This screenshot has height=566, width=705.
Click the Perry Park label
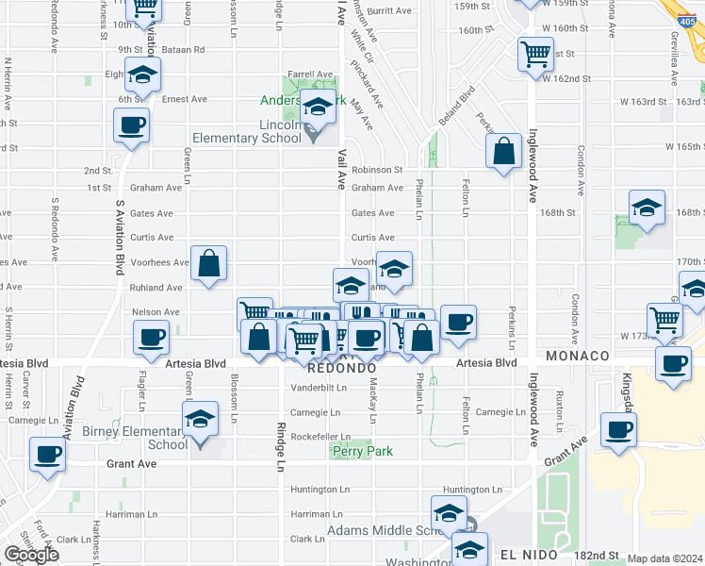[x=363, y=452]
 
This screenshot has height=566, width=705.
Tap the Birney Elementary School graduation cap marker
[x=199, y=419]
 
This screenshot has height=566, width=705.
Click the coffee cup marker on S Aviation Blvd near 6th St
[x=131, y=124]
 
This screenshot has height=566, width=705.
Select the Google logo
[x=31, y=555]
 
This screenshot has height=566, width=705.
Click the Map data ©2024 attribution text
[x=665, y=558]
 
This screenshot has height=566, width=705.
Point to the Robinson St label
[x=377, y=171]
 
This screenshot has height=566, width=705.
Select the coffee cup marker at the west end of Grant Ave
[x=47, y=454]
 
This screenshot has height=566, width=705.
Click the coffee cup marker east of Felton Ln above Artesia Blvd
[x=458, y=322]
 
